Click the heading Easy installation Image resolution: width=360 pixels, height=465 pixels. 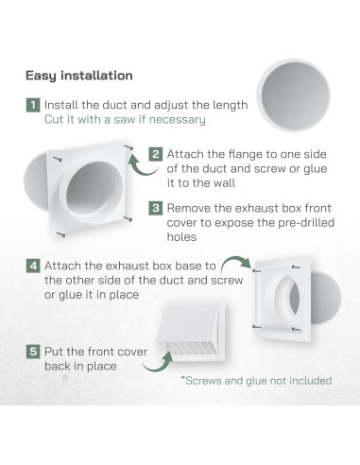pyautogui.click(x=78, y=75)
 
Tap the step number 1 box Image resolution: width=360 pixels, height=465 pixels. pyautogui.click(x=32, y=105)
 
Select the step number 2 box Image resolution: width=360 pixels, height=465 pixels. pyautogui.click(x=155, y=152)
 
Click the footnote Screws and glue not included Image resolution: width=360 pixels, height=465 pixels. pyautogui.click(x=258, y=381)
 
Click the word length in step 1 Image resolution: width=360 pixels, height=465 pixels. pyautogui.click(x=227, y=105)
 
